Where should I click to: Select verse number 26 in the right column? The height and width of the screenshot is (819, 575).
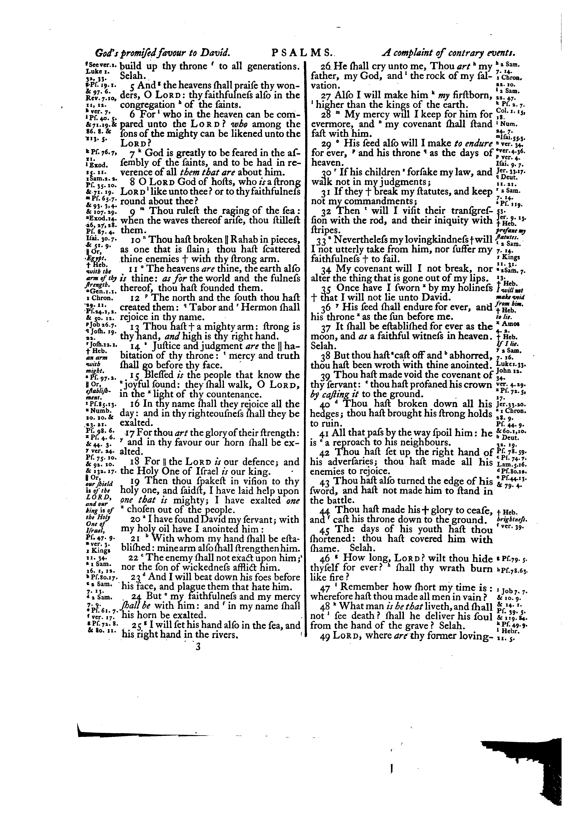click(x=316, y=66)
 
